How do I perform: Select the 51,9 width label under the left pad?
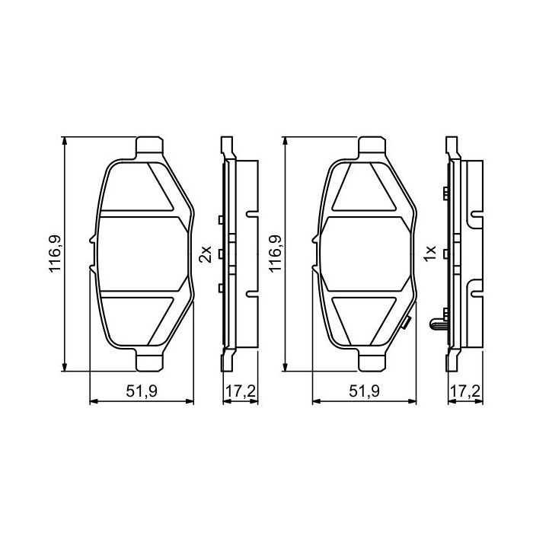pyautogui.click(x=141, y=392)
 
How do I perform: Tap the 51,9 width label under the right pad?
pyautogui.click(x=365, y=392)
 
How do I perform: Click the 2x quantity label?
pyautogui.click(x=204, y=254)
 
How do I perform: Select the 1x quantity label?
pyautogui.click(x=429, y=254)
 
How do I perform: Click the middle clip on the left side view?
pyautogui.click(x=219, y=254)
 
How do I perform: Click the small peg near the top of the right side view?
pyautogui.click(x=443, y=192)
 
